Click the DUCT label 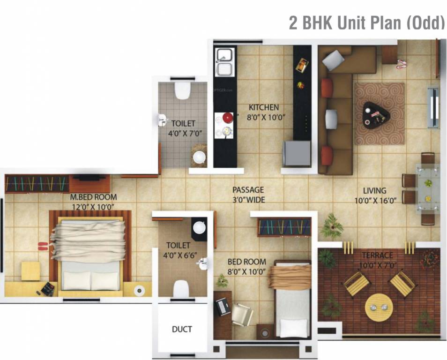(x=182, y=329)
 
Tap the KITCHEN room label (x=263, y=107)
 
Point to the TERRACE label (x=377, y=255)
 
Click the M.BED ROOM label (x=94, y=197)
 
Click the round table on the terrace (x=379, y=307)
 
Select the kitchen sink (x=224, y=62)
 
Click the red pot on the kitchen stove (x=227, y=118)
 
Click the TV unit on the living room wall (x=433, y=107)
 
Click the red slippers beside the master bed (x=43, y=246)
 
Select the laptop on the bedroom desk (x=222, y=307)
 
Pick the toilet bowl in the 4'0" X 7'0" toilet (x=181, y=90)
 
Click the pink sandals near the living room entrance (x=401, y=64)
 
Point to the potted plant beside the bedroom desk (x=222, y=281)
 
